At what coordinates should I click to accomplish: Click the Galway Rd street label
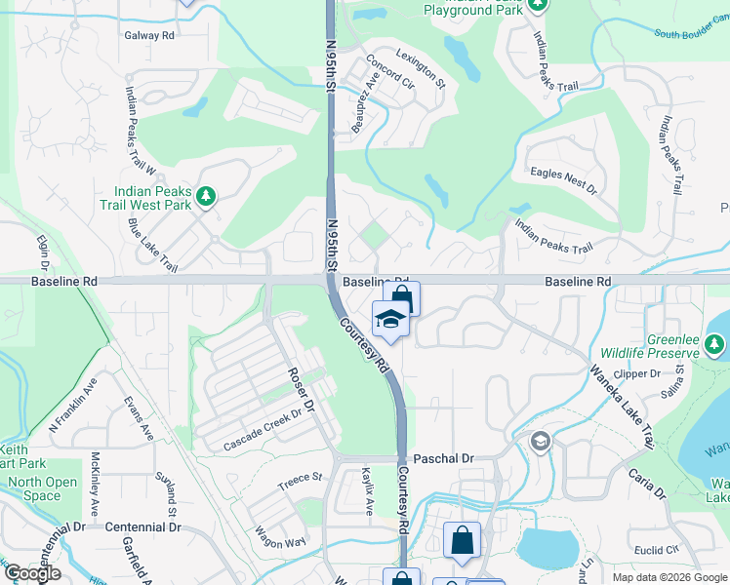(148, 35)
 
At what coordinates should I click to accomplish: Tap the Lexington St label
(421, 69)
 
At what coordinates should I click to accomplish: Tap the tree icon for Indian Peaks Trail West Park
(205, 198)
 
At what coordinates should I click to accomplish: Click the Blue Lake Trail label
(152, 245)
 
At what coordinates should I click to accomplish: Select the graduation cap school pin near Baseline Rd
(389, 320)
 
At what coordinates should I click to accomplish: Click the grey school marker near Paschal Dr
(540, 443)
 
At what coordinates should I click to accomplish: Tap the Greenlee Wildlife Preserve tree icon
(715, 343)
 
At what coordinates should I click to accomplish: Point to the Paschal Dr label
(443, 457)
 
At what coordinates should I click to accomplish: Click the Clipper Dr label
(639, 373)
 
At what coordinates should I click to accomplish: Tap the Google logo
(32, 573)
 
